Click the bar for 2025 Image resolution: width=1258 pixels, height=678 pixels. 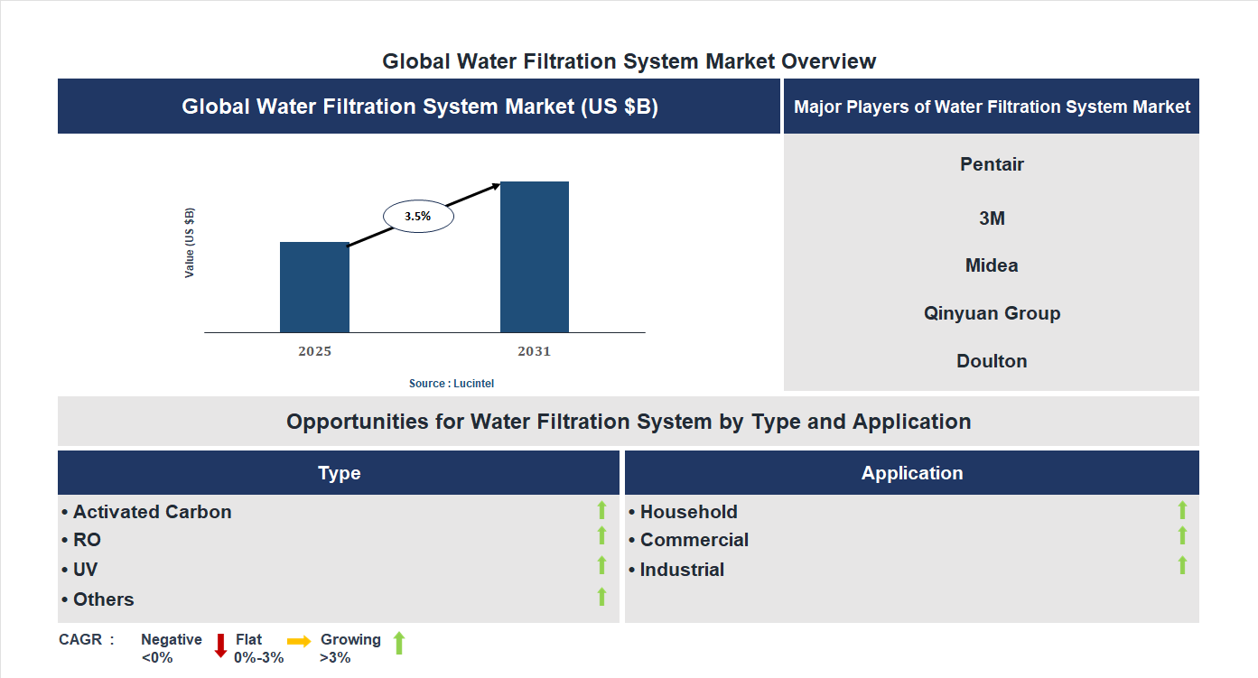[x=314, y=287]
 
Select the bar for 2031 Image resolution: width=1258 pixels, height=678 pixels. [x=535, y=257]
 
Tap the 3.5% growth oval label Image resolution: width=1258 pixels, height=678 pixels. [x=418, y=217]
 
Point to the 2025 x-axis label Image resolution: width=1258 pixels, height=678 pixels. [x=314, y=351]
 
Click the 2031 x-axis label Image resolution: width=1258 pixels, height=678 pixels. [x=534, y=351]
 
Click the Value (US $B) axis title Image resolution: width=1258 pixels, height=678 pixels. [x=190, y=243]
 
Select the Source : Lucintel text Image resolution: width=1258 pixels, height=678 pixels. [x=452, y=384]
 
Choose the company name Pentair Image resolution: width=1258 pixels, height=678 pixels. [x=992, y=164]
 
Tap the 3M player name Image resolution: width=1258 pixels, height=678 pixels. [x=992, y=218]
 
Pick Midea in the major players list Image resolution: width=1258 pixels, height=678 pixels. [x=992, y=265]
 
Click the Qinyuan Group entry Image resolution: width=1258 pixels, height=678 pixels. [x=992, y=313]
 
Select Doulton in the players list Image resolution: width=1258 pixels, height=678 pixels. [x=992, y=361]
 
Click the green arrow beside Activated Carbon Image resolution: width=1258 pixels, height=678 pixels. [x=601, y=511]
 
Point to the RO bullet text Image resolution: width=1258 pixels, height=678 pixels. [x=87, y=540]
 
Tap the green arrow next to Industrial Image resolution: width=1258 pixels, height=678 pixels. [x=1182, y=566]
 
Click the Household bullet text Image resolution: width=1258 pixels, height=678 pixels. [x=688, y=512]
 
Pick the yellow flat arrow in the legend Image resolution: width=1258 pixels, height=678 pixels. [x=299, y=640]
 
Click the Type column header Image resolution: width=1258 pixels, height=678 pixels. [x=339, y=473]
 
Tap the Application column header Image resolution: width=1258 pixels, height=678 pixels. [x=912, y=473]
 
